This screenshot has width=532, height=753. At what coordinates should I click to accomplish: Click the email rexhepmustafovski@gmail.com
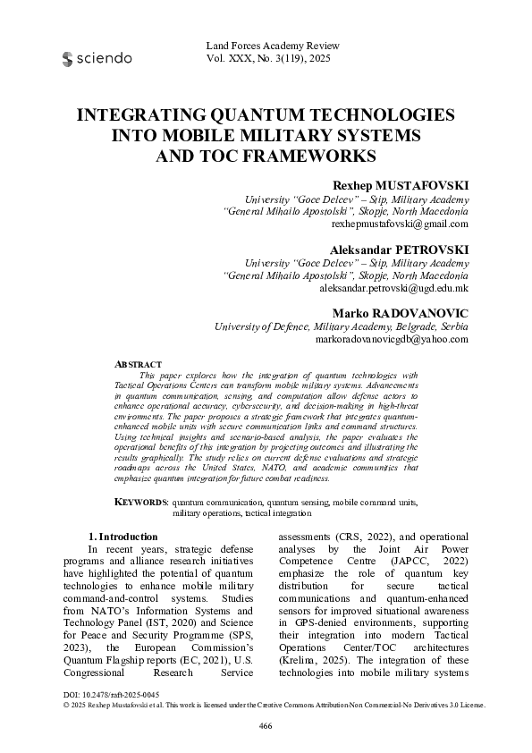tap(400, 224)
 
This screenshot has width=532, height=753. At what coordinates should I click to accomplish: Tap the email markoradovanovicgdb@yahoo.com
tap(392, 340)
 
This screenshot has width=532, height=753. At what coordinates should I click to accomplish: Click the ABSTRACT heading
tap(139, 365)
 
